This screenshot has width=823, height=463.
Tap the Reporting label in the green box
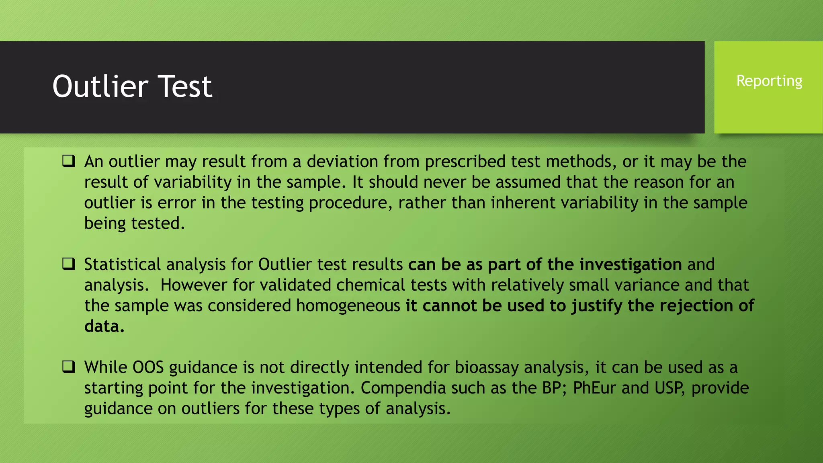click(769, 81)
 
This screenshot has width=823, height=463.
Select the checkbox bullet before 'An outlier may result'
click(69, 161)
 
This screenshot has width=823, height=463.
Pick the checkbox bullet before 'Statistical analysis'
click(69, 264)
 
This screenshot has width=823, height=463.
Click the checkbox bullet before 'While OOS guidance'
click(69, 367)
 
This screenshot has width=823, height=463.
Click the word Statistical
click(123, 264)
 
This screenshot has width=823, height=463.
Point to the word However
click(194, 285)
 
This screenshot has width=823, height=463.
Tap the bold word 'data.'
click(104, 326)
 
